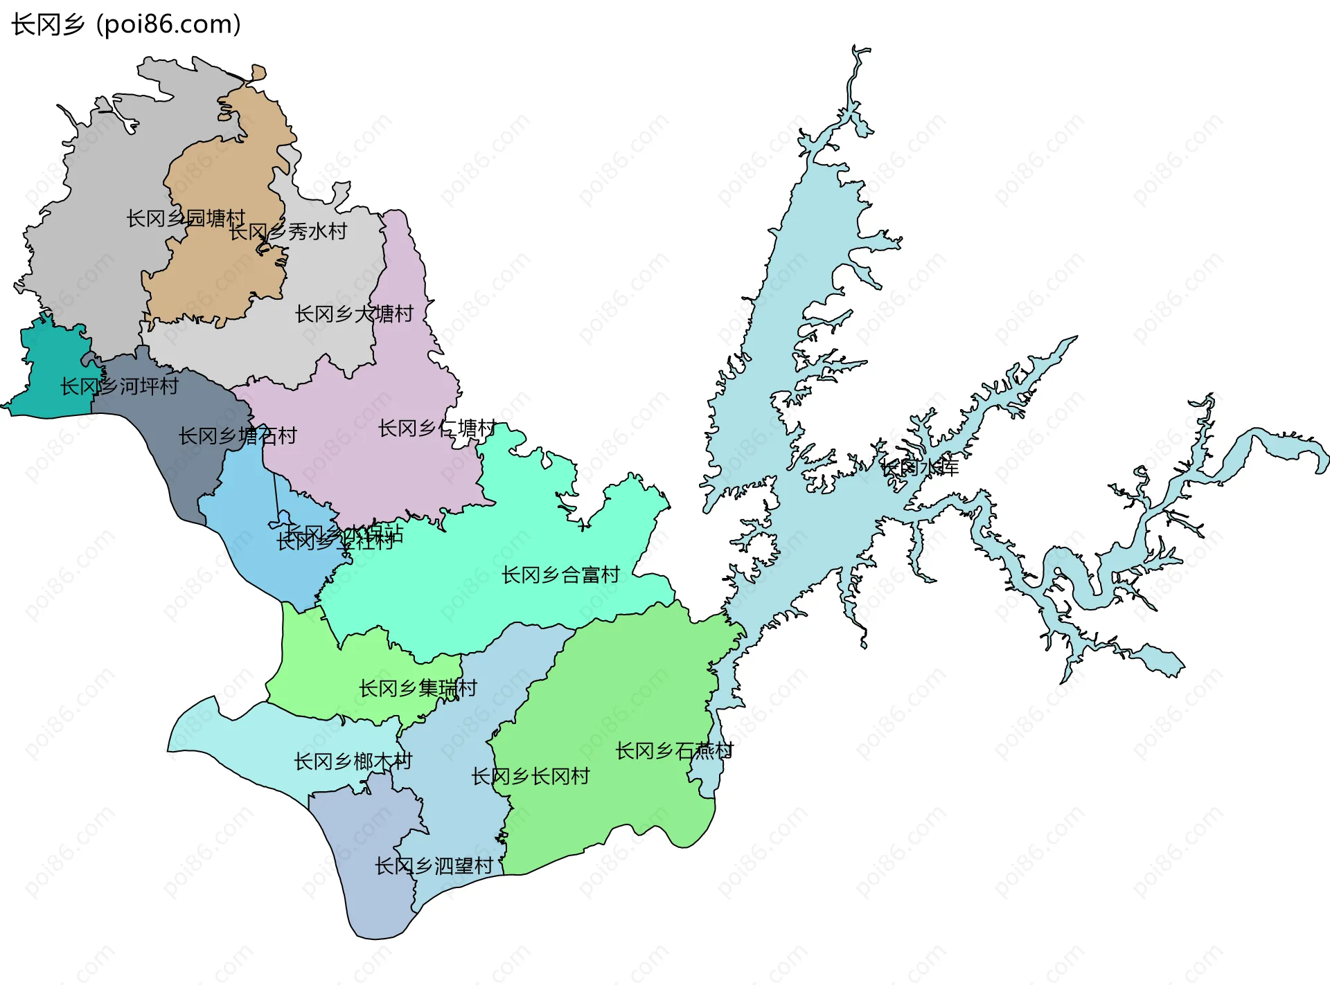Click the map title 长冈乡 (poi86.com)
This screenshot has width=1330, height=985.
(126, 24)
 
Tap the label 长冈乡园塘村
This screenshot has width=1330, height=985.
(186, 219)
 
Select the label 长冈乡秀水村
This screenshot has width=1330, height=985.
(288, 232)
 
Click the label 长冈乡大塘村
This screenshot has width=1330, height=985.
(354, 314)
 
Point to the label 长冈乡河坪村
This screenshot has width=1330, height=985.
(119, 386)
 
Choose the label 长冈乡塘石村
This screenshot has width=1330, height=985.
(238, 436)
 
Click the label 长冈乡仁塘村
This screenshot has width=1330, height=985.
(437, 428)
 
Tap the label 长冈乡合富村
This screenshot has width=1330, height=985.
(560, 575)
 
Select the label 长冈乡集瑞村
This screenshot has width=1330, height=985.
(418, 689)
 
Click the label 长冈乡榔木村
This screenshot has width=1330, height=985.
(353, 762)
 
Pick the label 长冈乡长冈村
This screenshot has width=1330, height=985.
(530, 777)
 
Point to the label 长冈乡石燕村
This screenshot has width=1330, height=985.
(674, 751)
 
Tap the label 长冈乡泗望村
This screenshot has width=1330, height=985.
(434, 866)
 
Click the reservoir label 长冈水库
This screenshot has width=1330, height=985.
(920, 469)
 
